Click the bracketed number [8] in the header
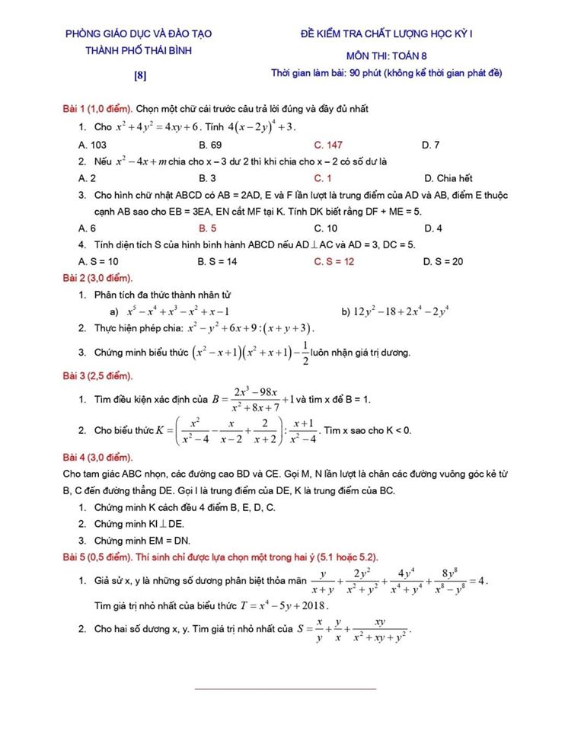click(x=140, y=75)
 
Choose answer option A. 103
click(x=92, y=144)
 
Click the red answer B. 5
click(x=208, y=228)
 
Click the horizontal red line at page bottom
click(x=286, y=689)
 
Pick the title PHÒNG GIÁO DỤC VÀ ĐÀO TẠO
click(x=139, y=34)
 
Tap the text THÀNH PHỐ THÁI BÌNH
click(x=139, y=51)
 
